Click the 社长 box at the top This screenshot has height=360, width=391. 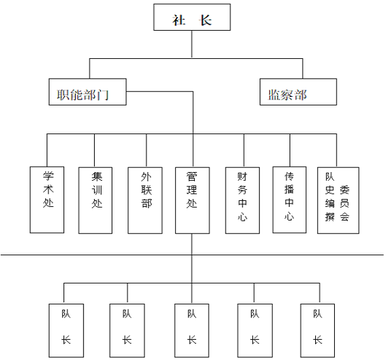pos(192,17)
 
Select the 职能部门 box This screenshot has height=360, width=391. pos(88,92)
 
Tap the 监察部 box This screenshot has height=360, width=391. pos(298,92)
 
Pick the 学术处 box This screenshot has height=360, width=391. pos(47,200)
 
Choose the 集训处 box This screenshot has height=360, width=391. pos(95,200)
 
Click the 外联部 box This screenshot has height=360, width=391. pos(145,200)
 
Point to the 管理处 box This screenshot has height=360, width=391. pos(192,200)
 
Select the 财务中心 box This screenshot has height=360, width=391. pos(243,200)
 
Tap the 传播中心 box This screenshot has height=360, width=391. pos(290,200)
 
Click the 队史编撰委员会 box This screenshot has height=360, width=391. pos(338,200)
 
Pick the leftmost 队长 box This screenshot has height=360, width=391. pos(66,331)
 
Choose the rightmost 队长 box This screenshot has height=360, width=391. pos(317,331)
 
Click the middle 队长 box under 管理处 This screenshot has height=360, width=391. pos(192,331)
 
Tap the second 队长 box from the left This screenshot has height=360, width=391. pos(127,331)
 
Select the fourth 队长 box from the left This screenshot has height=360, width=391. pos(255,331)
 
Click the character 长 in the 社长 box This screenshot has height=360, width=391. pos(205,20)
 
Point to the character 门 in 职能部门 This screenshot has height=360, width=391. pos(102,95)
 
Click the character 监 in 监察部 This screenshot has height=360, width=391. pos(275,95)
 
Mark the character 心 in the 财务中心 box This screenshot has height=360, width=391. pos(243,217)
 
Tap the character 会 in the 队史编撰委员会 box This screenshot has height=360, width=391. pos(345,217)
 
